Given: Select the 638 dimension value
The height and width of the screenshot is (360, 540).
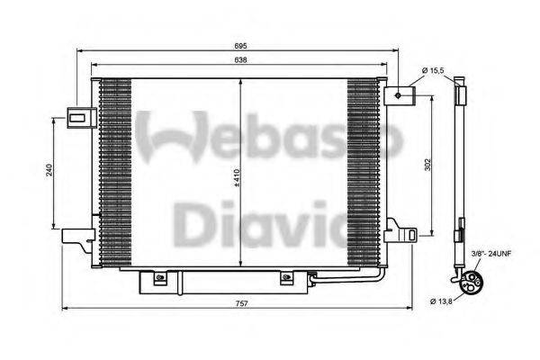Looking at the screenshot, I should (x=240, y=59).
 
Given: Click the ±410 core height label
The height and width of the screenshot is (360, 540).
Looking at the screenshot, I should (x=237, y=180).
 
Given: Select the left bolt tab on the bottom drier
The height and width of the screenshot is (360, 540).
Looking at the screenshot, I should (x=161, y=278).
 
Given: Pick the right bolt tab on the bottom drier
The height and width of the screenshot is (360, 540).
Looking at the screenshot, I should (x=287, y=278).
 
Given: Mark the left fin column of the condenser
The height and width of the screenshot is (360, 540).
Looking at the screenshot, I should (x=114, y=171).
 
